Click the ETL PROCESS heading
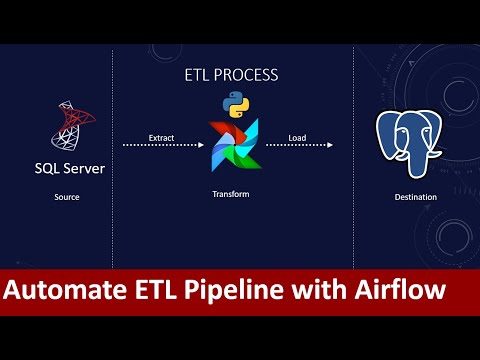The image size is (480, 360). coord(231,75)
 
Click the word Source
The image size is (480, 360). coord(67,197)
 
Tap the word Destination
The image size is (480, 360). coord(415,197)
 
